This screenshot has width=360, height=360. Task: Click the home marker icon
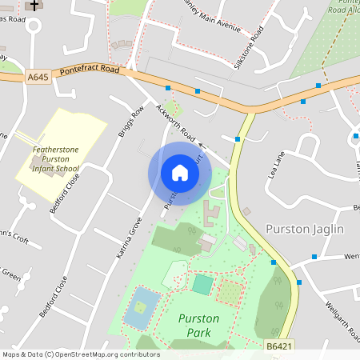[180, 173]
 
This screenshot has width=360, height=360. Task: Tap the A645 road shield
[37, 78]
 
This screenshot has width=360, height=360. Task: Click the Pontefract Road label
[90, 70]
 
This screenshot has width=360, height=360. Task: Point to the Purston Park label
[198, 324]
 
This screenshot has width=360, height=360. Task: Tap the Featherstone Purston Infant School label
[55, 158]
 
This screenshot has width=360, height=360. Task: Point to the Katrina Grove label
[129, 237]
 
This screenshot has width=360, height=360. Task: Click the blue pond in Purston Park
[141, 309]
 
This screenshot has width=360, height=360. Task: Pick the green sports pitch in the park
[202, 284]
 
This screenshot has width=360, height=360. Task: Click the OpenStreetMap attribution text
[81, 354]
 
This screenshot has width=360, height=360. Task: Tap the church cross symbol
[34, 5]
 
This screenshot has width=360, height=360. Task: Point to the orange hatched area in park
[229, 291]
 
